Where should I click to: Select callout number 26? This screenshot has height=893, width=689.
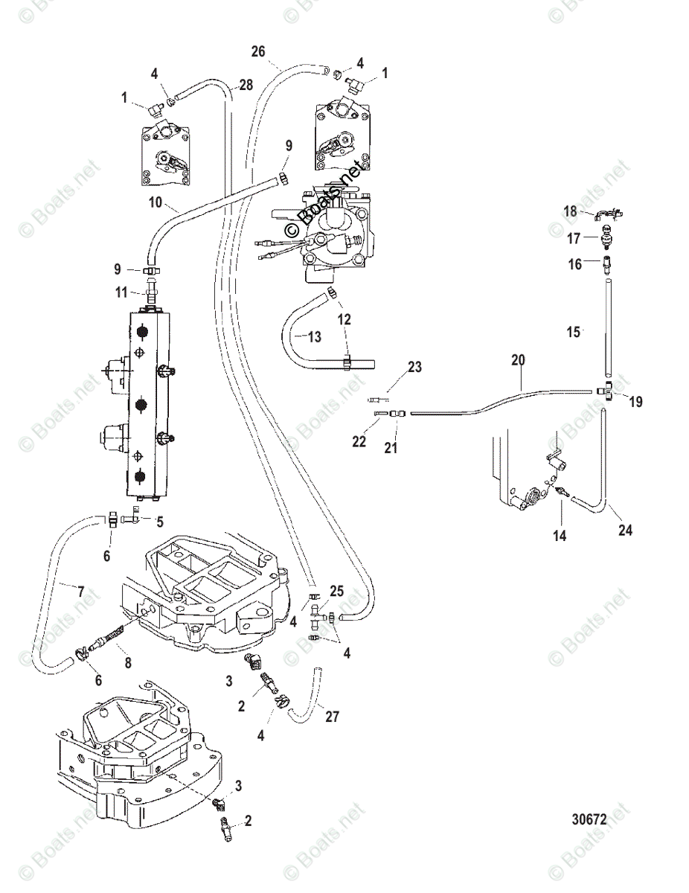[x=257, y=51]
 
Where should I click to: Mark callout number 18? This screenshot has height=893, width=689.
[x=570, y=211]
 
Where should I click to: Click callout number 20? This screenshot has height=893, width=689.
[x=518, y=359]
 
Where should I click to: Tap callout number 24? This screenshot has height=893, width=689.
[x=625, y=531]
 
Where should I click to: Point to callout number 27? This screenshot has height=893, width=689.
[x=332, y=717]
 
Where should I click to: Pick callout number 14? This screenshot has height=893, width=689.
[x=559, y=535]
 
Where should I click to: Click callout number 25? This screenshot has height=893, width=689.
[x=336, y=591]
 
